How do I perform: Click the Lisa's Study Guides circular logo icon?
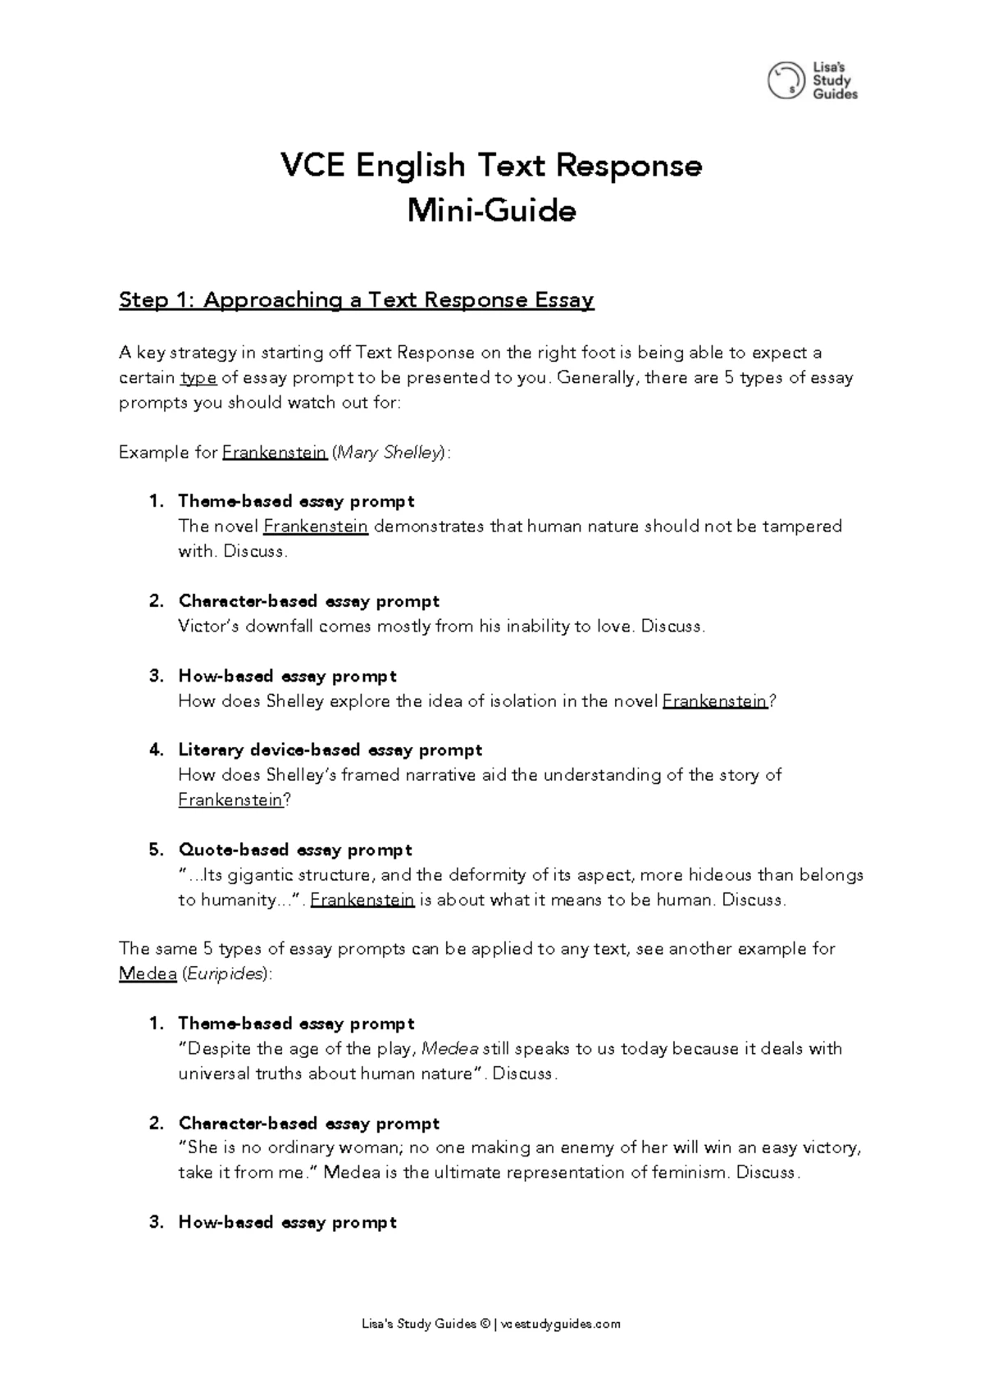tap(786, 80)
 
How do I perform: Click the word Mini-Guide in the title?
tap(492, 212)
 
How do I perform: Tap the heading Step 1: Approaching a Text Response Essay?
tap(356, 300)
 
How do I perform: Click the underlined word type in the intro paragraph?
tap(198, 378)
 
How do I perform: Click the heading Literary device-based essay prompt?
tap(330, 750)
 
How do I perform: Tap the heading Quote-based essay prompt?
tap(294, 850)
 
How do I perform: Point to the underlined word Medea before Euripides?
tap(148, 974)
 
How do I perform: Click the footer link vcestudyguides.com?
tap(559, 1324)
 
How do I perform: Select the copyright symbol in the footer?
tap(485, 1324)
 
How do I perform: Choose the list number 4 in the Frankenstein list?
tap(156, 750)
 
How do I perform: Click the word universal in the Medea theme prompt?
tap(209, 1074)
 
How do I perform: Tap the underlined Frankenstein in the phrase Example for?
tap(275, 453)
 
